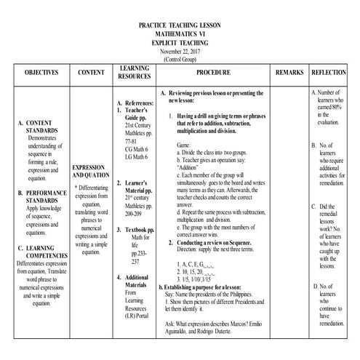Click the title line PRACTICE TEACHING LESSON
(x=180, y=25)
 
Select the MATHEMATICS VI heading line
(x=180, y=34)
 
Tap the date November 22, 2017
(x=180, y=51)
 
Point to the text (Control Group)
(x=180, y=59)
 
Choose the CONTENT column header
(x=90, y=74)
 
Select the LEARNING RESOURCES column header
(x=134, y=73)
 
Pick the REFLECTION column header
(x=328, y=74)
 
